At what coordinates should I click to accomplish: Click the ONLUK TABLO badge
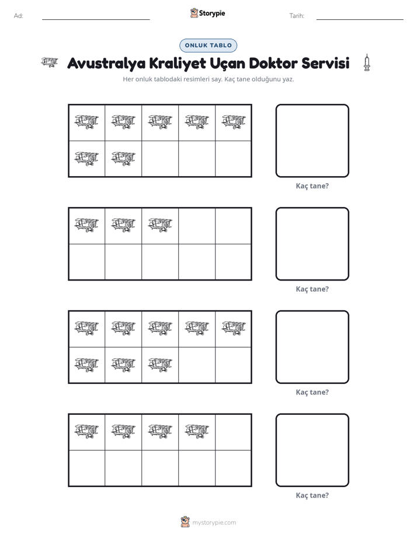coord(208,45)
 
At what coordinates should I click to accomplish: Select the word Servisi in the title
coord(325,63)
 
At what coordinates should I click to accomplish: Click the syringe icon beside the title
coord(367,62)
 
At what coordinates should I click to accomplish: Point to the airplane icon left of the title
coord(50,62)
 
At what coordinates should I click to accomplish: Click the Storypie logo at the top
coord(207,13)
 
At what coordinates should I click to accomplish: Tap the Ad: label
coord(19,16)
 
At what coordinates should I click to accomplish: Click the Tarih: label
coord(297,16)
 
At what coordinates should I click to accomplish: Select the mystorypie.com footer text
coord(214,523)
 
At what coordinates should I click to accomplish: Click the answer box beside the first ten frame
coord(312,141)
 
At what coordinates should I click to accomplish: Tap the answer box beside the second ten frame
coord(312,244)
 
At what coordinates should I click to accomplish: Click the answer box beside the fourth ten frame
coord(312,450)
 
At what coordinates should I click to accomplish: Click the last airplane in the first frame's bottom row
coord(123,159)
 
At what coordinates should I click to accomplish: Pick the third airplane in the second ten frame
coord(160,225)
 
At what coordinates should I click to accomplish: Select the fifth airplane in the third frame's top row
coord(234,328)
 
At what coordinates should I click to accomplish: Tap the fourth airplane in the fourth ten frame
coord(197,431)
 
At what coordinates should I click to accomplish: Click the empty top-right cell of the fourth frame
coord(233,432)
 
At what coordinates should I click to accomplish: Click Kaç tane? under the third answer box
coord(312,392)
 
